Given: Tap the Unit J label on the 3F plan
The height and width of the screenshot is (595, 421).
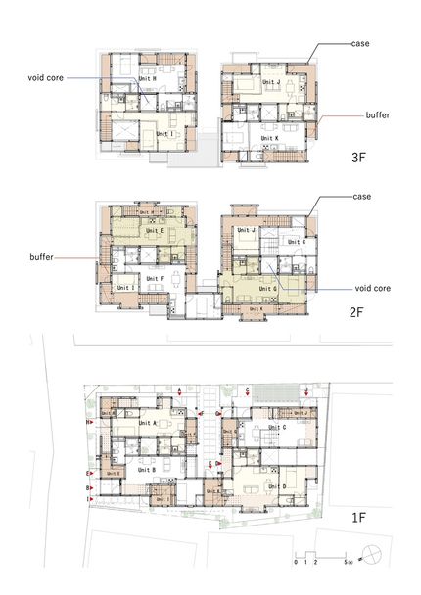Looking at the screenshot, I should (x=271, y=83).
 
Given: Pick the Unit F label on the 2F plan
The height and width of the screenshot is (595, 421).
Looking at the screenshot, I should (x=154, y=278).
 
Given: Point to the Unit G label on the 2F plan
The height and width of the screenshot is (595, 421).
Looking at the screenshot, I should (x=271, y=290).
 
